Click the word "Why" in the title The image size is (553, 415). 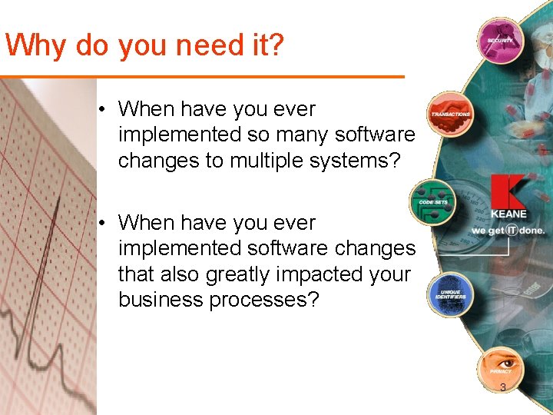[x=36, y=46]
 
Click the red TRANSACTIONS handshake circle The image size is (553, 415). [x=450, y=113]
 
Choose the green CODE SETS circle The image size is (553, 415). [x=432, y=201]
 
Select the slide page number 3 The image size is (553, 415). [x=503, y=387]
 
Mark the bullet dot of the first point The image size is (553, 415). [x=101, y=109]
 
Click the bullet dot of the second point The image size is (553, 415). [x=101, y=223]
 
